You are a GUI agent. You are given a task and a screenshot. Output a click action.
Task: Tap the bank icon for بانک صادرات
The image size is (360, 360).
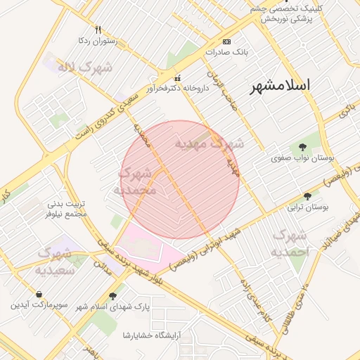226,41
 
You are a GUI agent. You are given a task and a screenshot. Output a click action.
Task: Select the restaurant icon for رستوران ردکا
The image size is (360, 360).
98,30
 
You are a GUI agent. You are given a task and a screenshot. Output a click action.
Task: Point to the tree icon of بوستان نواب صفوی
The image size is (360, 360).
302,148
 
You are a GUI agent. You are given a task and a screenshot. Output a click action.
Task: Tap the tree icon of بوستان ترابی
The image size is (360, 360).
307,197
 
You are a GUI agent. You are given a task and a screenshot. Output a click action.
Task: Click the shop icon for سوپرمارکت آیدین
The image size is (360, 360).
39,294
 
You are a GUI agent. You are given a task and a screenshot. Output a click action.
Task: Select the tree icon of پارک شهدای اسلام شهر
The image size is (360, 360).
113,296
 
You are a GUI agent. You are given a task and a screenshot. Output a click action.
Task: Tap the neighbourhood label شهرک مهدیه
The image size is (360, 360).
210,144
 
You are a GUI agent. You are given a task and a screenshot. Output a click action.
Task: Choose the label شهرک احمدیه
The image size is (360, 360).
290,243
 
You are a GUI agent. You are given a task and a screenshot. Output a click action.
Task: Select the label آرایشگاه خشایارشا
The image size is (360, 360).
153,335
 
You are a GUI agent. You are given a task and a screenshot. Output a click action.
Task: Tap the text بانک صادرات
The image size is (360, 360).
227,52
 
